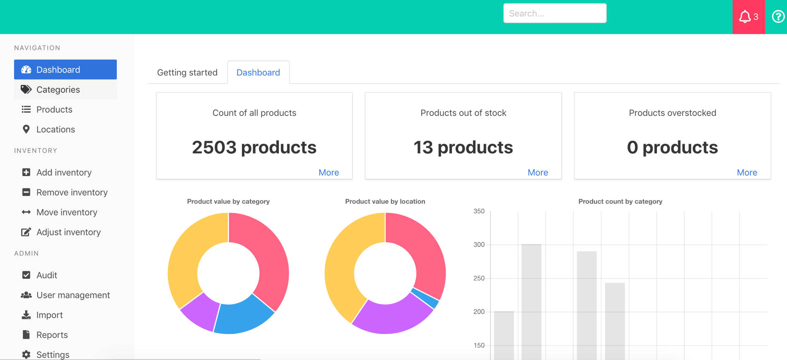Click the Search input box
[555, 13]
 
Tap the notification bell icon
[745, 17]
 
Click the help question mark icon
[778, 17]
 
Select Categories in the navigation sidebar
[58, 89]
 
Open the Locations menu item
[56, 129]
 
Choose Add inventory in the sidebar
[64, 172]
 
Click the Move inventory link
[67, 212]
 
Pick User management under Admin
[73, 295]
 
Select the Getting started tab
[187, 72]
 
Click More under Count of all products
[328, 172]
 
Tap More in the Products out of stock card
[538, 172]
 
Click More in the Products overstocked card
[747, 172]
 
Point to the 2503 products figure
[254, 147]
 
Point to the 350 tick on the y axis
[479, 211]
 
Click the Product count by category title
[620, 201]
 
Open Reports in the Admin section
[52, 335]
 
